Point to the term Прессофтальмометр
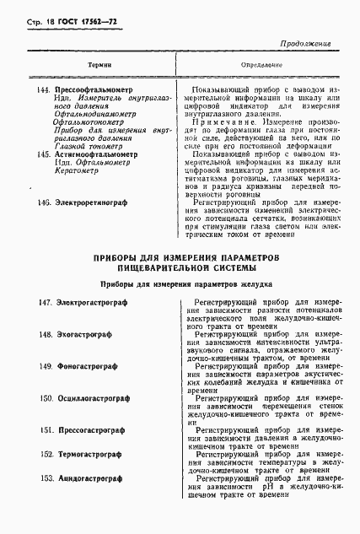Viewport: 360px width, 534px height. tap(96, 89)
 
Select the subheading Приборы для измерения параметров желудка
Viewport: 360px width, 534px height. tap(179, 283)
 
